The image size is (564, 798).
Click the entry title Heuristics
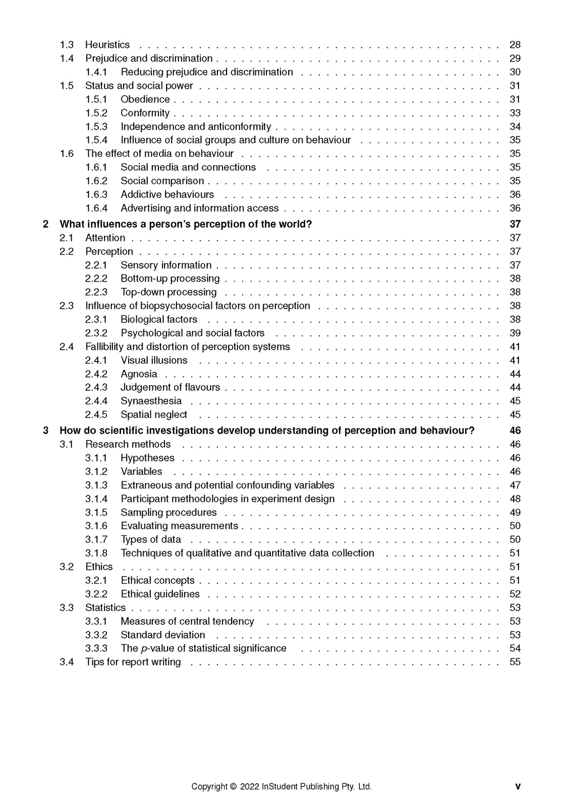pyautogui.click(x=107, y=45)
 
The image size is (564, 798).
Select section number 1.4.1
pyautogui.click(x=96, y=72)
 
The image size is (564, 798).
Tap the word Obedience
pyautogui.click(x=145, y=99)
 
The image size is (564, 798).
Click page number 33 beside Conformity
pyautogui.click(x=515, y=113)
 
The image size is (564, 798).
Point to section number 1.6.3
pyautogui.click(x=96, y=194)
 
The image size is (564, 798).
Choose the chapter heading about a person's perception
pyautogui.click(x=186, y=224)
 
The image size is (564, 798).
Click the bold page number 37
pyautogui.click(x=515, y=224)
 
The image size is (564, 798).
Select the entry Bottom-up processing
pyautogui.click(x=170, y=278)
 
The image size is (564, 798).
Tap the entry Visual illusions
pyautogui.click(x=154, y=360)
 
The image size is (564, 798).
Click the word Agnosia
pyautogui.click(x=138, y=374)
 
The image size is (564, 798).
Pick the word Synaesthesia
pyautogui.click(x=151, y=401)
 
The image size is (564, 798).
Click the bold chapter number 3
pyautogui.click(x=46, y=430)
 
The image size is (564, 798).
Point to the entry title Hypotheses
pyautogui.click(x=147, y=458)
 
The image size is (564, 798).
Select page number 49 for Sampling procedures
pyautogui.click(x=515, y=512)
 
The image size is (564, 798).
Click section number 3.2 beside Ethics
pyautogui.click(x=67, y=567)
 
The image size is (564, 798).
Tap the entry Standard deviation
pyautogui.click(x=163, y=635)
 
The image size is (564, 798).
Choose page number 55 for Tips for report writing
pyautogui.click(x=515, y=662)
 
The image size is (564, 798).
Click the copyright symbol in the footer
pyautogui.click(x=233, y=787)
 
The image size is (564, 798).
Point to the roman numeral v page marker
pyautogui.click(x=518, y=787)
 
